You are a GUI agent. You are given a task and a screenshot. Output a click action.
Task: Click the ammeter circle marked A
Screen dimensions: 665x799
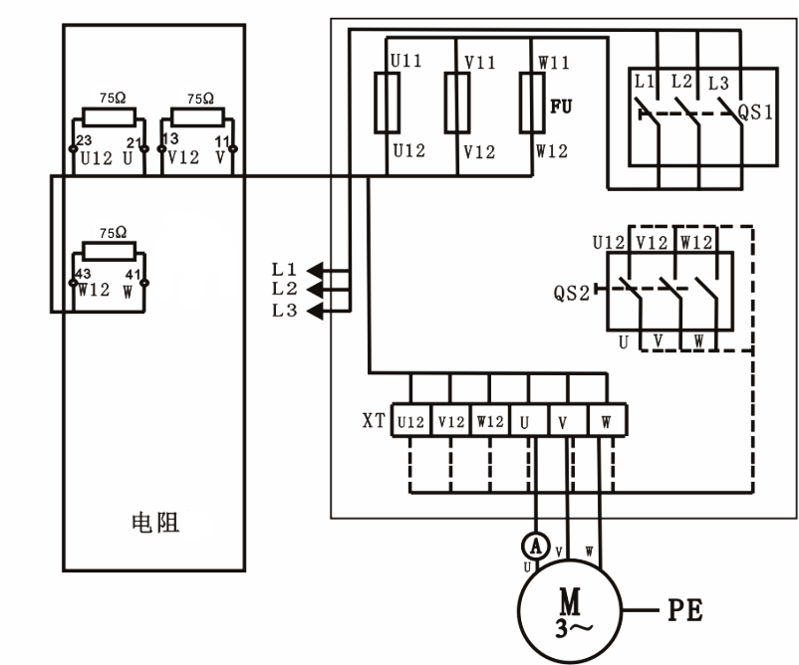tap(536, 544)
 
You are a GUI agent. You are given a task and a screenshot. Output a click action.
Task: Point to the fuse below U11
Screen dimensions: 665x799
tap(387, 103)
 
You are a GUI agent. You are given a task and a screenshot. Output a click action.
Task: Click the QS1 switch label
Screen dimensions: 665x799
tap(754, 110)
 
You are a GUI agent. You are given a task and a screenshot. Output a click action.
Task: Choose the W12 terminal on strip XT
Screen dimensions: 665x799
tap(489, 421)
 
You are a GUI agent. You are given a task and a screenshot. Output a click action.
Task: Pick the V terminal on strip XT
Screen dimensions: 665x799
tap(567, 421)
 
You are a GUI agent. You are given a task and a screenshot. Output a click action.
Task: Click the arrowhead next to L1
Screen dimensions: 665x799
tap(314, 269)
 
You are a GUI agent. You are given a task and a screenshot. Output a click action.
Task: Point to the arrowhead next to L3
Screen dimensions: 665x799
tap(314, 312)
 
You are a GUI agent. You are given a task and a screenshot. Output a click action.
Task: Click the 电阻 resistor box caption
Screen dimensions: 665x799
tap(155, 523)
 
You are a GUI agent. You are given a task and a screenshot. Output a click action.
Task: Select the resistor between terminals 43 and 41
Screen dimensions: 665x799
tap(109, 250)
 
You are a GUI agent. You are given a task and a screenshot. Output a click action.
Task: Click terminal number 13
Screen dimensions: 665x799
tap(170, 138)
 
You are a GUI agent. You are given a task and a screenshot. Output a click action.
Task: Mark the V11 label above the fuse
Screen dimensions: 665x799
tap(480, 61)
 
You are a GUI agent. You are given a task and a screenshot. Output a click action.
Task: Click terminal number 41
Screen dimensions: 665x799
tap(133, 272)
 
